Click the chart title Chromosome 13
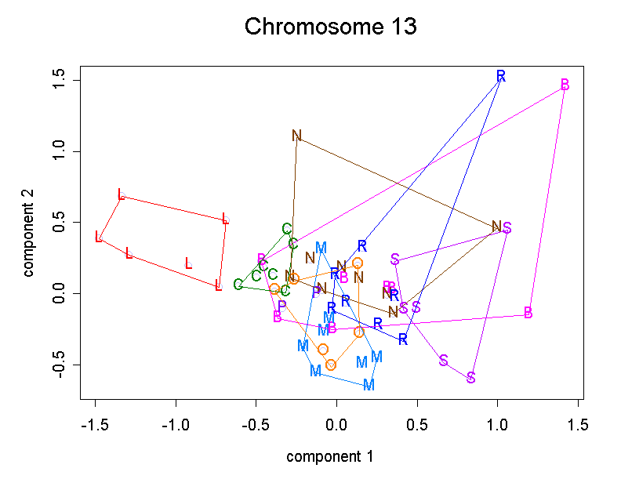tap(330, 27)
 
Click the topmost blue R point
tap(501, 76)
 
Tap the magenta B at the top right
tap(565, 85)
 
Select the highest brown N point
tap(296, 136)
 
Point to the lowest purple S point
tap(471, 378)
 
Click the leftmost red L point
tap(99, 236)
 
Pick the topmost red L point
tap(121, 194)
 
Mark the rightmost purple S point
tap(507, 228)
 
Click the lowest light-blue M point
tap(369, 385)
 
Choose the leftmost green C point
tap(238, 285)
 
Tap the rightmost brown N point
tap(496, 227)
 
